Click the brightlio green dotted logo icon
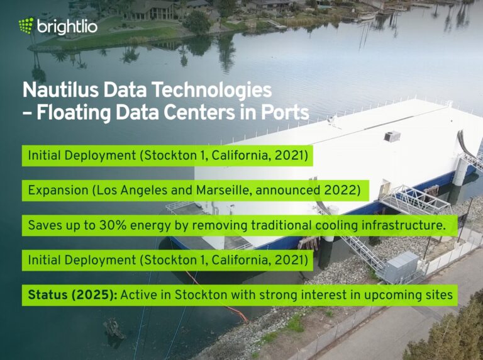(26, 25)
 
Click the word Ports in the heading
(286, 113)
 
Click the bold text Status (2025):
(72, 295)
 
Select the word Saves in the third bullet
(43, 225)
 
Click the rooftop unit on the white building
(392, 136)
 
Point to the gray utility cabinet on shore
(401, 266)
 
